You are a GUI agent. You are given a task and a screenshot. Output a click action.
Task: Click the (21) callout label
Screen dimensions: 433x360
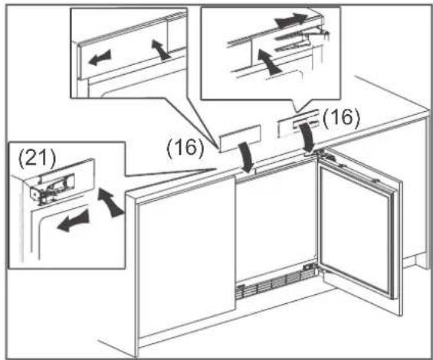[x=37, y=159]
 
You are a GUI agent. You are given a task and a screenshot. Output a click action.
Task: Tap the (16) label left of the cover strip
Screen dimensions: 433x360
[x=185, y=148]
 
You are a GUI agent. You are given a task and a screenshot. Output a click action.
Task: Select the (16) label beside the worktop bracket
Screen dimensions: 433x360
[x=341, y=118]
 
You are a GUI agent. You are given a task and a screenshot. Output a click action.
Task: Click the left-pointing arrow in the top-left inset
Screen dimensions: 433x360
[x=100, y=57]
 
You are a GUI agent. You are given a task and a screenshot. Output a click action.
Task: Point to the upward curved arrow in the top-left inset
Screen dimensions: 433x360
[x=161, y=49]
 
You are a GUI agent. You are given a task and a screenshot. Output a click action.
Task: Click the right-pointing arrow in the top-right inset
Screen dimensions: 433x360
[x=291, y=20]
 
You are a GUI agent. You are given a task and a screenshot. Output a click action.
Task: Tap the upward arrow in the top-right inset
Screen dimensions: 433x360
[x=268, y=61]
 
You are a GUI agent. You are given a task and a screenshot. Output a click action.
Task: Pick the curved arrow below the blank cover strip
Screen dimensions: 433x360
[x=246, y=159]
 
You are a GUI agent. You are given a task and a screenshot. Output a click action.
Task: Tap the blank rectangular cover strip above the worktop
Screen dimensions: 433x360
[x=240, y=138]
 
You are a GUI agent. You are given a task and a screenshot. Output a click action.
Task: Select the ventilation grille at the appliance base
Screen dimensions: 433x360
[x=275, y=285]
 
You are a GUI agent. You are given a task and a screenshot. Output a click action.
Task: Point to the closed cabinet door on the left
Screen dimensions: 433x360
[x=187, y=257]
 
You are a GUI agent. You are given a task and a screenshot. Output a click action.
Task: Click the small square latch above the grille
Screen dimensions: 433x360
[x=307, y=267]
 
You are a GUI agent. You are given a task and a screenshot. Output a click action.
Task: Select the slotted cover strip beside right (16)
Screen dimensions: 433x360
[x=299, y=123]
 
